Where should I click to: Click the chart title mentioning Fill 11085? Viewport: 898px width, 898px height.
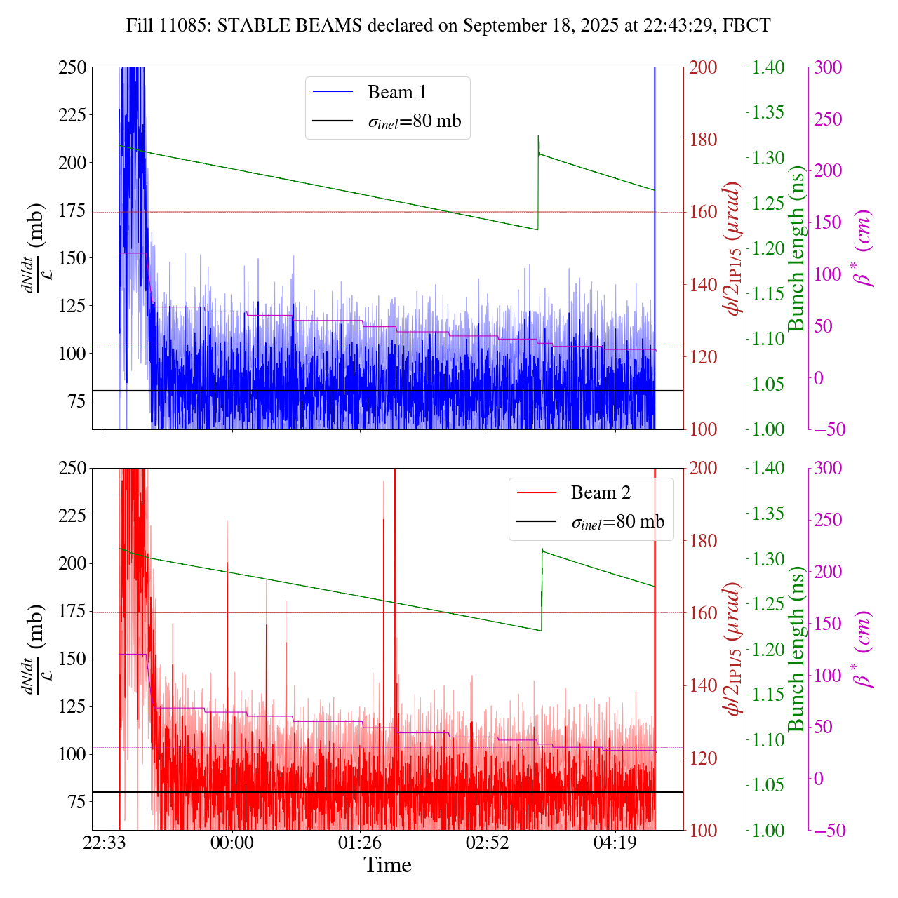point(448,26)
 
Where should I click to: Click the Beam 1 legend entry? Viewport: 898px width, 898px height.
point(396,92)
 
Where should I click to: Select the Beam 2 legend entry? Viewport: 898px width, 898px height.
point(601,492)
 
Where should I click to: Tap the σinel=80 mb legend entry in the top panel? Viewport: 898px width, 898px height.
point(414,121)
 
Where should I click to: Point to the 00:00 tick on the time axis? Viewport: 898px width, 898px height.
point(232,842)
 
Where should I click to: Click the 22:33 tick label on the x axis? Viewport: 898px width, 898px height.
point(105,842)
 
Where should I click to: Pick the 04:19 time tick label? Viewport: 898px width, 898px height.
point(615,842)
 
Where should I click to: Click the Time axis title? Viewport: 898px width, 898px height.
point(387,865)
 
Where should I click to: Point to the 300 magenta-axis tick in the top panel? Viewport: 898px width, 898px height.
point(828,67)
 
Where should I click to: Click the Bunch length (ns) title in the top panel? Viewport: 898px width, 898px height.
point(796,248)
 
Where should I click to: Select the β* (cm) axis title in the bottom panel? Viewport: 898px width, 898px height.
point(864,649)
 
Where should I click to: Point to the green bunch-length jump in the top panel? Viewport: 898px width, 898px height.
point(538,182)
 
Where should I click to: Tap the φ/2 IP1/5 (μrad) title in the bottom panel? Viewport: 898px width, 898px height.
point(734,649)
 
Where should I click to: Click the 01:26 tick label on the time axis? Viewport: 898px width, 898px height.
point(360,842)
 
